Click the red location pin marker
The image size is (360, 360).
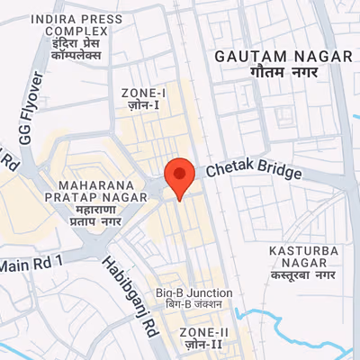tap(180, 175)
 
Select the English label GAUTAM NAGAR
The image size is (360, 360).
tap(283, 56)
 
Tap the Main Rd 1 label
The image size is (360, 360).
tap(34, 263)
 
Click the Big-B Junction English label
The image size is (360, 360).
tap(193, 293)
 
